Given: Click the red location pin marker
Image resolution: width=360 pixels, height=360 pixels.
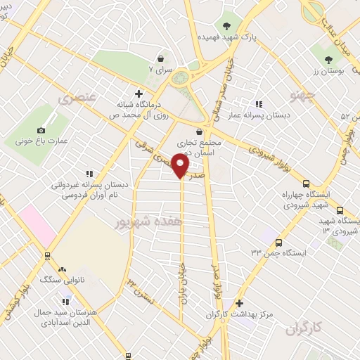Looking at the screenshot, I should pos(181,166).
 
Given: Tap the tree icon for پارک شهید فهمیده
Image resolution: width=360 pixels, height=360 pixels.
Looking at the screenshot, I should pos(226,25).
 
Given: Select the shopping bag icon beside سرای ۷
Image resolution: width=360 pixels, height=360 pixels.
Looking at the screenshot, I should pos(162,58).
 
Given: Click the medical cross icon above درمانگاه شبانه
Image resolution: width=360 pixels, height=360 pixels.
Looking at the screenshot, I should pos(139,94).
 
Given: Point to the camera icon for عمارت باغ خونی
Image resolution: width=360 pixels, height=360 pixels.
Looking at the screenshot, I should pos(41,130).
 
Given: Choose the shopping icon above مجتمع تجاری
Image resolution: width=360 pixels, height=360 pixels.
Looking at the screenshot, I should pos(199,131).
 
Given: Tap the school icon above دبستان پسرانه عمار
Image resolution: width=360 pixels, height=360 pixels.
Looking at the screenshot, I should pos(259,104).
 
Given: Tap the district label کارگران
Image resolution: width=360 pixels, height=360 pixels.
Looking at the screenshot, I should pos(308,328).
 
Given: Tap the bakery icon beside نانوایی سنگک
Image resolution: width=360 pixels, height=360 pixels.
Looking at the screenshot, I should pos(62,269).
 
